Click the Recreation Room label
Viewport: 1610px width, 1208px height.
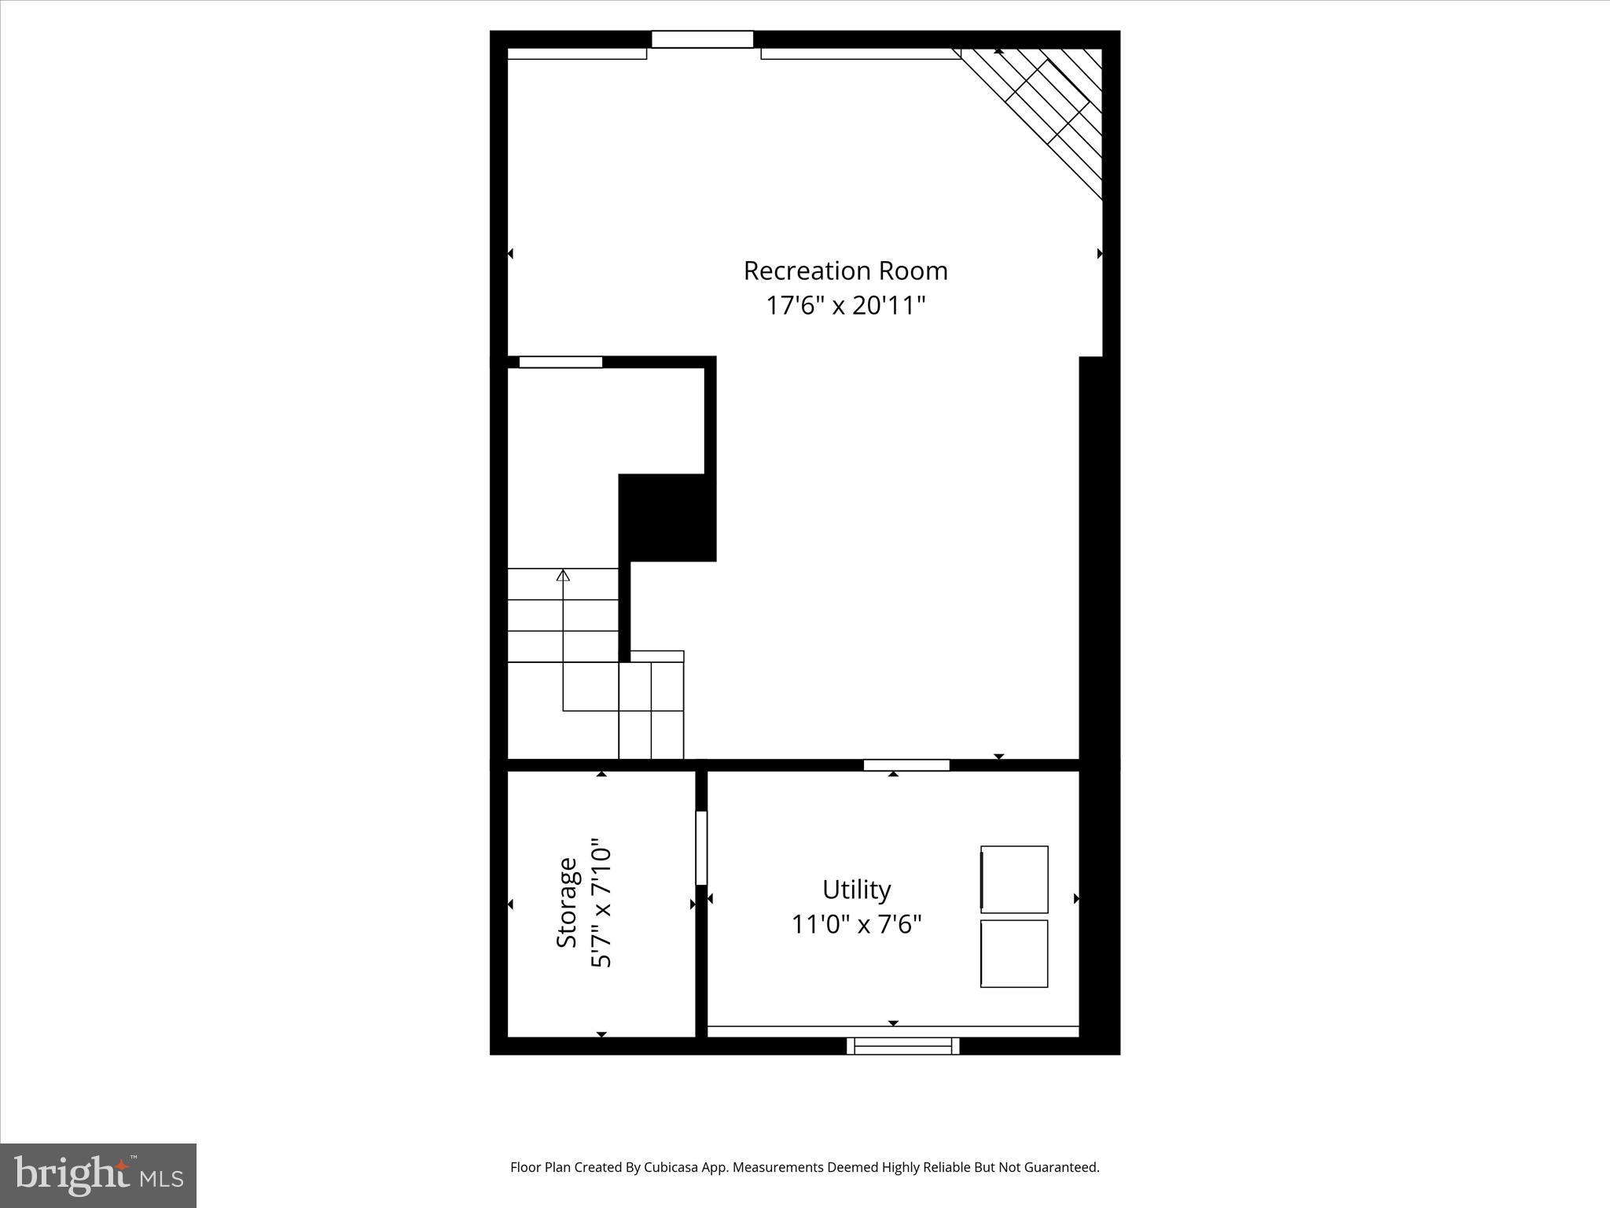[845, 271]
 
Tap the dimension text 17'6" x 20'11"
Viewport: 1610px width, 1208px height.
[845, 305]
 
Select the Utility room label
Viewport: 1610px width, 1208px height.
[856, 889]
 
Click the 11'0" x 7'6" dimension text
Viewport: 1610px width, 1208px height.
[856, 924]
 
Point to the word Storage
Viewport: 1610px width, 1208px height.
[567, 902]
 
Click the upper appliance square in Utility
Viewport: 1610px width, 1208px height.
[1014, 879]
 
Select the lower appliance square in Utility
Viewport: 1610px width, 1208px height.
[1014, 953]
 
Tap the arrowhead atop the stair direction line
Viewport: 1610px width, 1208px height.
[563, 575]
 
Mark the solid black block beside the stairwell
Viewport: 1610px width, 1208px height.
[667, 517]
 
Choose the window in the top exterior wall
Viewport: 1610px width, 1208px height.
[702, 39]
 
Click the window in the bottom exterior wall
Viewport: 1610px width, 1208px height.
[902, 1046]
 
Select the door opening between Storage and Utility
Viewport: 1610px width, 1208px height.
[701, 848]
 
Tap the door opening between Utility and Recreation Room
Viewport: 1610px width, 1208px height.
[906, 765]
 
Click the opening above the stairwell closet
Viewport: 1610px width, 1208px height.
[561, 363]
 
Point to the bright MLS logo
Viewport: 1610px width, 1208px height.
[98, 1175]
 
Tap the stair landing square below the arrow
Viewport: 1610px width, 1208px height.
[590, 687]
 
